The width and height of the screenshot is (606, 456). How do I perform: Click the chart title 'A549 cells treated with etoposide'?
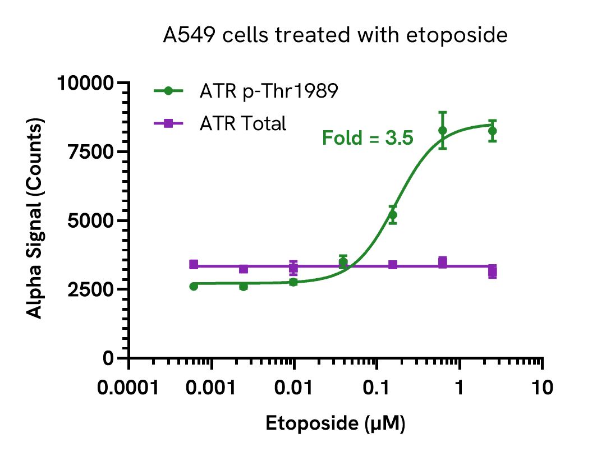[335, 36]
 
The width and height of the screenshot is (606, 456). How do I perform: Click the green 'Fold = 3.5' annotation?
[368, 137]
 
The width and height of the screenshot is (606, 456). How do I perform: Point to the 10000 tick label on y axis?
[86, 84]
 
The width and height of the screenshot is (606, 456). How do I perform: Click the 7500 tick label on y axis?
[91, 152]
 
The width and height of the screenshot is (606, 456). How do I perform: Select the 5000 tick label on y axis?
[91, 221]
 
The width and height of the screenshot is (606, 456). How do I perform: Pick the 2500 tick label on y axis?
[91, 290]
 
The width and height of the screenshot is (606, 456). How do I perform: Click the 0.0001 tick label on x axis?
[129, 388]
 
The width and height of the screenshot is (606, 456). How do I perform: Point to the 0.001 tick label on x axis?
[212, 388]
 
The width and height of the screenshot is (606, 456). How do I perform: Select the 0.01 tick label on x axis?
[295, 388]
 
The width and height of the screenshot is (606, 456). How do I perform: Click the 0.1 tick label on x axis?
[377, 388]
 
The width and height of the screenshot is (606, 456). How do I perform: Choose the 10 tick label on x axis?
[542, 388]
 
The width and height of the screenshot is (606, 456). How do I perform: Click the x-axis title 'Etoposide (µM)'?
[335, 424]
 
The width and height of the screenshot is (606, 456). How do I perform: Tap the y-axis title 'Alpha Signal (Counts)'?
[35, 220]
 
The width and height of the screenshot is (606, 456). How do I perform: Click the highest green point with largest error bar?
[443, 130]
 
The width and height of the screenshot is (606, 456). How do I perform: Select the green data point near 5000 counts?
[393, 215]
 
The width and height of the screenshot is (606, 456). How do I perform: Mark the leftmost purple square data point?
[194, 264]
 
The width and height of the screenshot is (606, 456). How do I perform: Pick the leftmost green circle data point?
[194, 286]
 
